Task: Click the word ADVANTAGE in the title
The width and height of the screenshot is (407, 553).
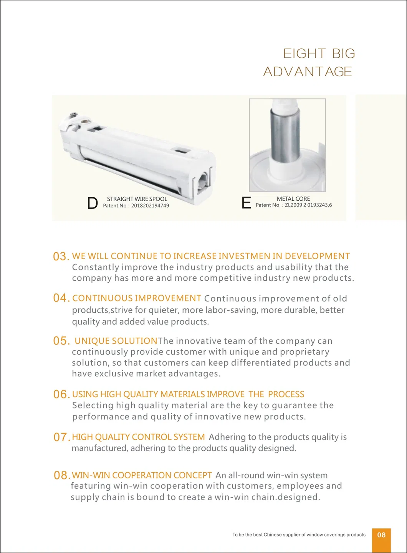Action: [308, 72]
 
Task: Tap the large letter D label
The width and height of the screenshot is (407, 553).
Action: [93, 203]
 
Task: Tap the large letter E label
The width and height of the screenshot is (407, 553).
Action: [246, 203]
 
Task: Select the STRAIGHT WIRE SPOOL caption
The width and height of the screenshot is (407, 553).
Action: [137, 199]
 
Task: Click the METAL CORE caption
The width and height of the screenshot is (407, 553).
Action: [293, 199]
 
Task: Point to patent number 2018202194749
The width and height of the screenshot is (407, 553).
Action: [150, 206]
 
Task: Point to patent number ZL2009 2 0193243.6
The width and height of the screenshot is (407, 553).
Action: [308, 205]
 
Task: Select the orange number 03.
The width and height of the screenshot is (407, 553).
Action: [61, 257]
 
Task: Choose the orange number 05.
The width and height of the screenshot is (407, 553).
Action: [61, 341]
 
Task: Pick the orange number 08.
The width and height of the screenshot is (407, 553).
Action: [61, 475]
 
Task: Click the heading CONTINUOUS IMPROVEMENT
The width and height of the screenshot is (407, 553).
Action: [137, 298]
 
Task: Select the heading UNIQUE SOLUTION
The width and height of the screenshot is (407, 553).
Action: [116, 341]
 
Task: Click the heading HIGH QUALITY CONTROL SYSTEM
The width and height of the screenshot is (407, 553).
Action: [138, 437]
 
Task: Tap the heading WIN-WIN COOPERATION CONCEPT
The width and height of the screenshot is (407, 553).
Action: [142, 475]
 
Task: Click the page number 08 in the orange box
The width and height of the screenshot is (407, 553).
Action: [381, 535]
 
